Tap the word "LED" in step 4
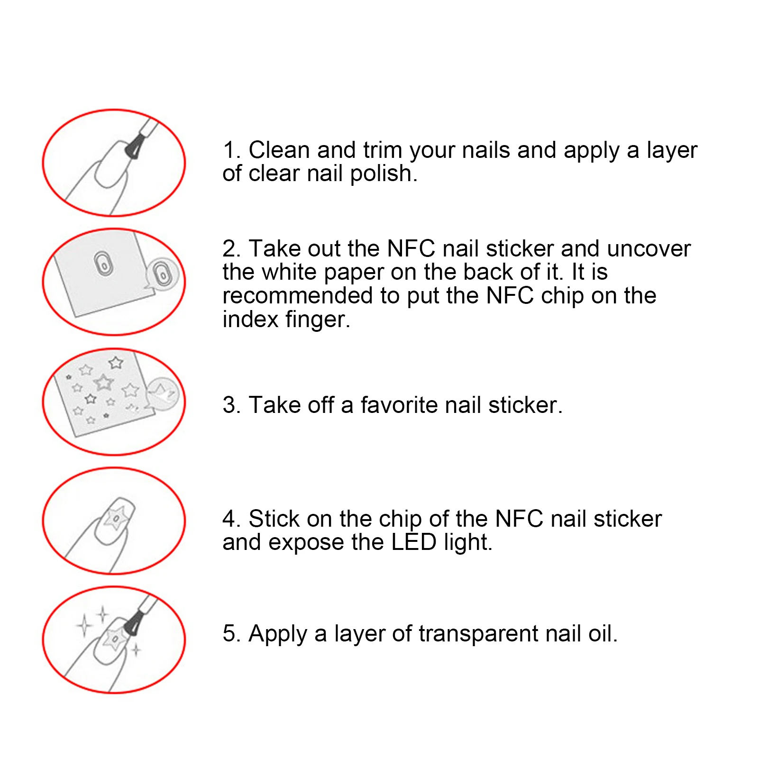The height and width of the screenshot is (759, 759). tap(414, 542)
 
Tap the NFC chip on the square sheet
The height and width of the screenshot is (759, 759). tap(103, 264)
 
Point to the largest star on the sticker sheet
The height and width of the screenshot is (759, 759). tap(103, 382)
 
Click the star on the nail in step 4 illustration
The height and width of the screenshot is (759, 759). tap(115, 518)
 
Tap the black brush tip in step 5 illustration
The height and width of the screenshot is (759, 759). tap(133, 623)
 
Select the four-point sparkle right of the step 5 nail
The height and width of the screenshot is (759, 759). tap(136, 649)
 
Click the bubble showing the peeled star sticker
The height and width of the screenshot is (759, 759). tap(163, 394)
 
